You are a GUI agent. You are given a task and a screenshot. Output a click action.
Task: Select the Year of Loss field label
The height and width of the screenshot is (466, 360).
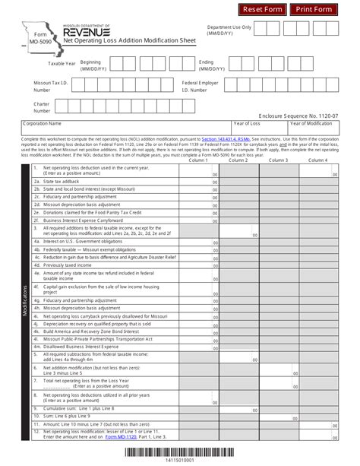click(x=248, y=122)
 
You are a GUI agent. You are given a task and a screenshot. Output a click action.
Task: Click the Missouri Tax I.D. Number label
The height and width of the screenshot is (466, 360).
click(x=50, y=84)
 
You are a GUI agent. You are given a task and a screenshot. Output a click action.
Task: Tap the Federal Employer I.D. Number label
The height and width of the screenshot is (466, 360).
click(x=201, y=84)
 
